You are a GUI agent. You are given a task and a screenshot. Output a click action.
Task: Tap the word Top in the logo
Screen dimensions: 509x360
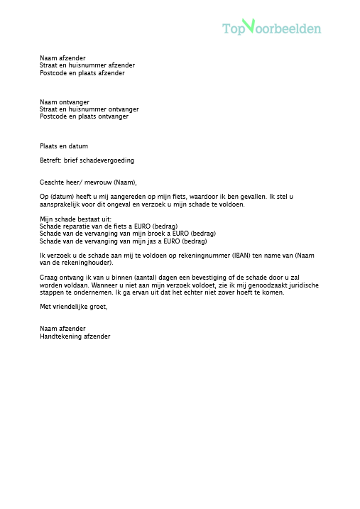click(x=233, y=29)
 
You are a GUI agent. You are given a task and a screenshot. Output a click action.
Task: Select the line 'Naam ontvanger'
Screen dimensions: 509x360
click(x=65, y=103)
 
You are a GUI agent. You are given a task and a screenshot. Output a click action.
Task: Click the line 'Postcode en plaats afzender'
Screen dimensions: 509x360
click(x=82, y=72)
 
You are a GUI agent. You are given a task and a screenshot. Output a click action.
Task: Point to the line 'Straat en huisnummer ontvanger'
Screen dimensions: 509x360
click(x=89, y=109)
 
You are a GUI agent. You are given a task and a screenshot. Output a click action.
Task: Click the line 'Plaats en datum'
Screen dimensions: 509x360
click(x=64, y=146)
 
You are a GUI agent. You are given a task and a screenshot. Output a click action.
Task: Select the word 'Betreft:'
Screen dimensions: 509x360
click(x=50, y=160)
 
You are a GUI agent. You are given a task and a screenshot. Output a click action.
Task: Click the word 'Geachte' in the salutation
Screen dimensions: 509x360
click(x=52, y=182)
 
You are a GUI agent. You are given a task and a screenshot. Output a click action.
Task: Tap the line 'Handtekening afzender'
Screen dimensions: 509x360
click(x=75, y=336)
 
